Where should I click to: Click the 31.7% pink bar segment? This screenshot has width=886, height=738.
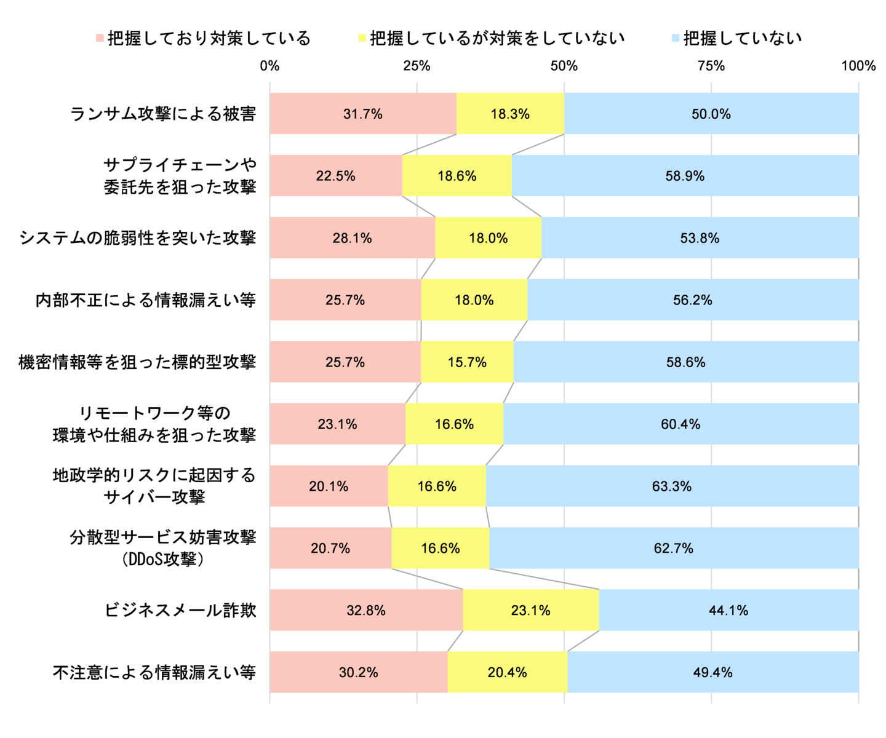363,114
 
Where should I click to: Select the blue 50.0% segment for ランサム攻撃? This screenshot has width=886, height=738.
711,114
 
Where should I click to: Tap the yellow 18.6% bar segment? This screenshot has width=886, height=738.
457,176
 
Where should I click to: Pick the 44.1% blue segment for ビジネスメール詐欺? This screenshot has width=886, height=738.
728,610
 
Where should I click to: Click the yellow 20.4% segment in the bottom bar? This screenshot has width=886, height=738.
507,672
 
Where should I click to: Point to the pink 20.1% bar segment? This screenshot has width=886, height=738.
329,486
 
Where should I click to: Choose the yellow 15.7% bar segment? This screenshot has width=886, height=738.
467,362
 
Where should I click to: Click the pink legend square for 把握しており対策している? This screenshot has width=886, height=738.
100,39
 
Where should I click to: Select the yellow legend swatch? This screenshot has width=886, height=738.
362,39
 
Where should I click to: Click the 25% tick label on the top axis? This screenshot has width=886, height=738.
417,66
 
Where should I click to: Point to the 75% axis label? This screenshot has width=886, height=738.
711,66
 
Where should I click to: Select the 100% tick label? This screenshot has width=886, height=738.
858,66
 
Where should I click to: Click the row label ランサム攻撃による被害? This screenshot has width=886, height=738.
163,114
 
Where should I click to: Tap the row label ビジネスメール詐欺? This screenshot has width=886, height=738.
180,611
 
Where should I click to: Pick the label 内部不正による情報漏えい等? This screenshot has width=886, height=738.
145,300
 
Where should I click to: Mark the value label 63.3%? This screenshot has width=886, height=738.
672,486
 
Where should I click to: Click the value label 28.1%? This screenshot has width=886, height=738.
352,238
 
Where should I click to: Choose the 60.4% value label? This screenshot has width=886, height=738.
680,424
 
